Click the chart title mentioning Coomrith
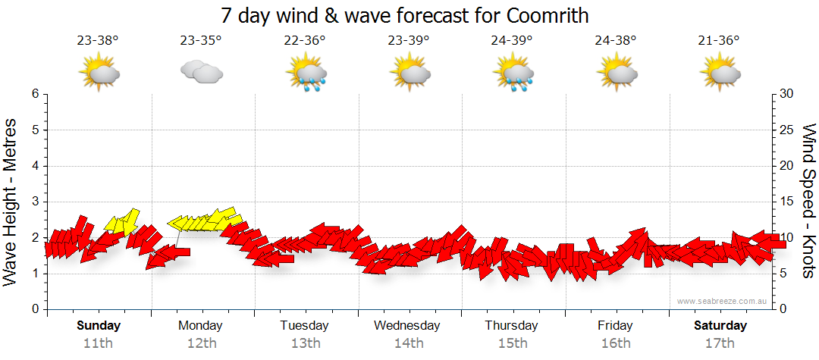click(x=405, y=15)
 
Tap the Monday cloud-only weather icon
click(x=201, y=72)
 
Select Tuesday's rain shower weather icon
click(x=306, y=74)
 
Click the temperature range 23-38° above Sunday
click(x=98, y=41)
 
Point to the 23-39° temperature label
click(x=409, y=41)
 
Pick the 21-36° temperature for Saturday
click(x=719, y=41)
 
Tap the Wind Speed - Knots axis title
click(x=808, y=201)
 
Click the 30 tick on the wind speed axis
click(x=787, y=94)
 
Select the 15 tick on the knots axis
click(x=787, y=202)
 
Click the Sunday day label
click(x=99, y=326)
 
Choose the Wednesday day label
click(x=407, y=326)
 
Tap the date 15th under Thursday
click(x=512, y=343)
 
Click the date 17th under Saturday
click(x=720, y=343)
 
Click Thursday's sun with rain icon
click(x=513, y=74)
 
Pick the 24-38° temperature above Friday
click(x=616, y=41)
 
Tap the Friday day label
click(x=615, y=326)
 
